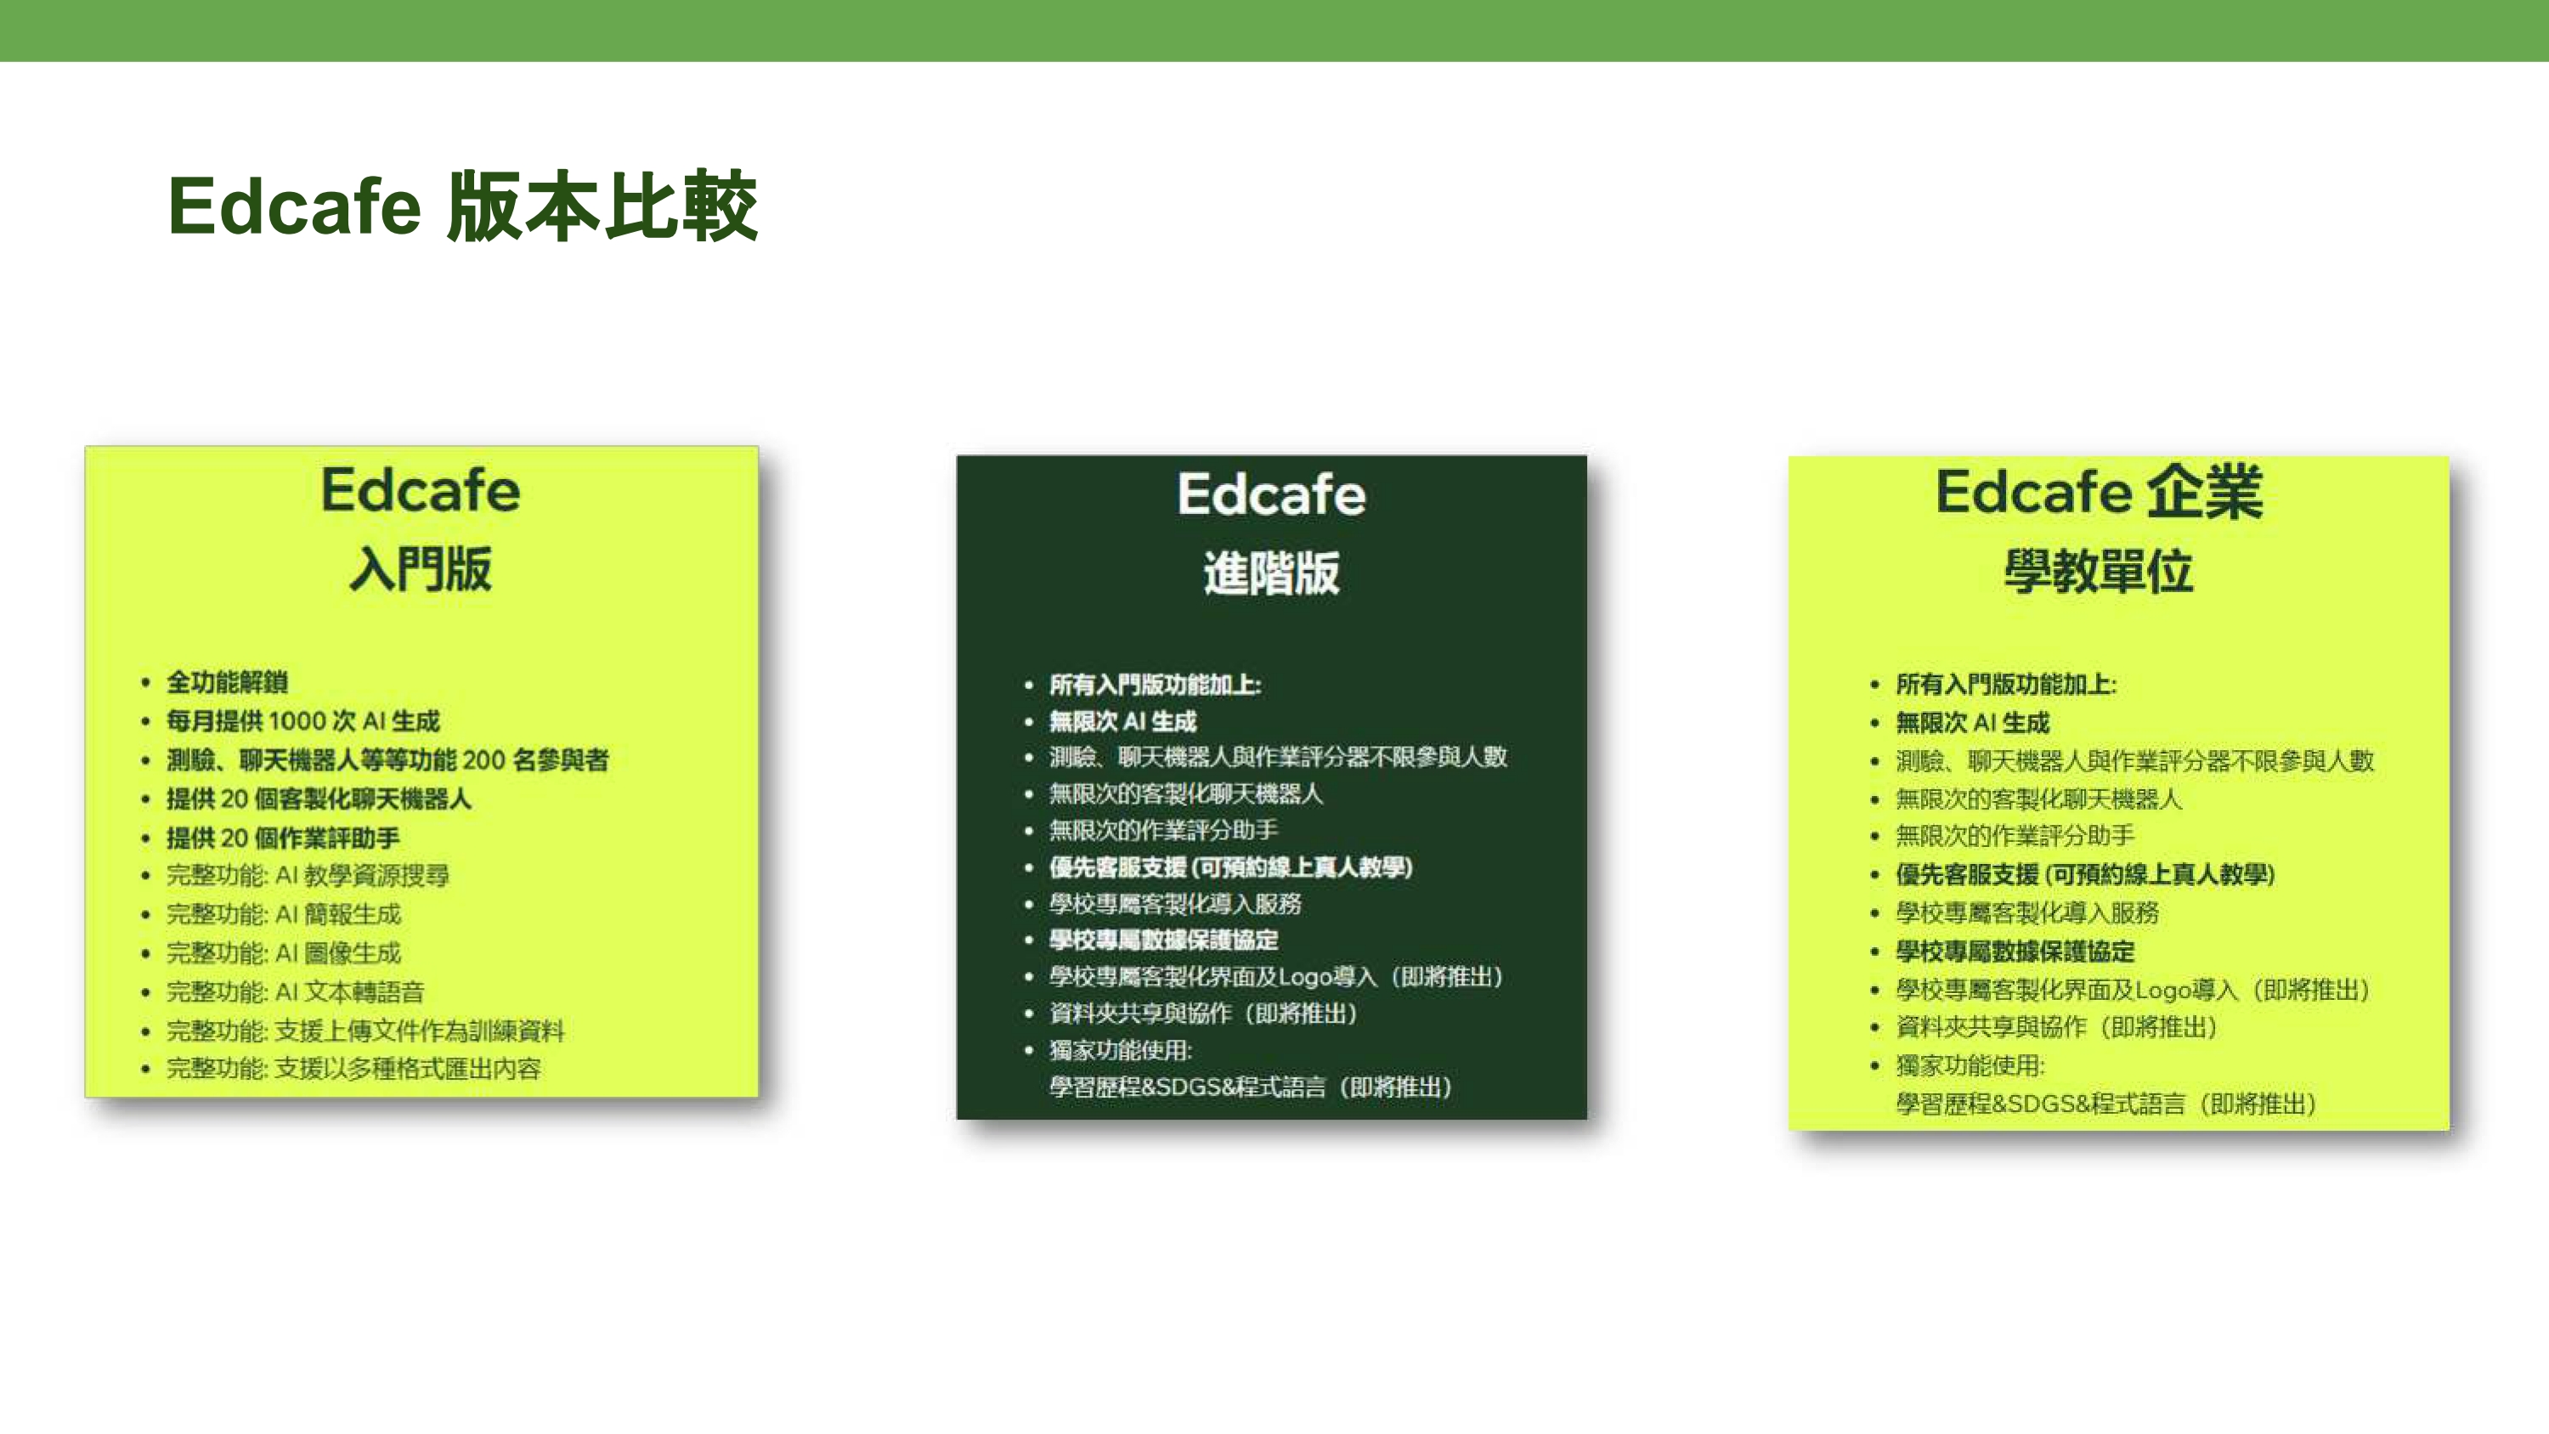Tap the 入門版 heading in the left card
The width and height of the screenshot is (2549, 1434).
421,569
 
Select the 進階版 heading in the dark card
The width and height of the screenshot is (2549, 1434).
1272,574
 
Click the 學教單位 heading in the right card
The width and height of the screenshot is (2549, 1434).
2099,571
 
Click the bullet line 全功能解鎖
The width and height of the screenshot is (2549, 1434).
227,682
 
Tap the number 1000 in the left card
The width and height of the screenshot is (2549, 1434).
297,720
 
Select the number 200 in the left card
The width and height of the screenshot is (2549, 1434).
483,760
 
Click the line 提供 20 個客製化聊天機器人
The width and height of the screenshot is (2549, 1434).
318,799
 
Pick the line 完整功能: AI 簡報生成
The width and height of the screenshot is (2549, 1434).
283,913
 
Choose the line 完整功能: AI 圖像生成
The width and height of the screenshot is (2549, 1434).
283,953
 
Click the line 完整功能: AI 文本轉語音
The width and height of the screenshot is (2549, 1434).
295,991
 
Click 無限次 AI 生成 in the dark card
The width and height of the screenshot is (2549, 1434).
1122,721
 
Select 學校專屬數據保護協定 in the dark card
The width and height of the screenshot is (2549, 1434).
1164,940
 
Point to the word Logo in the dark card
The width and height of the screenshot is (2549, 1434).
1304,977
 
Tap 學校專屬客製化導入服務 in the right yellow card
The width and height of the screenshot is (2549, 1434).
2026,912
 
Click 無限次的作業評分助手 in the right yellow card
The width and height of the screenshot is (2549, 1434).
2015,836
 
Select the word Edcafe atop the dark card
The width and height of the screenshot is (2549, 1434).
1272,494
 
